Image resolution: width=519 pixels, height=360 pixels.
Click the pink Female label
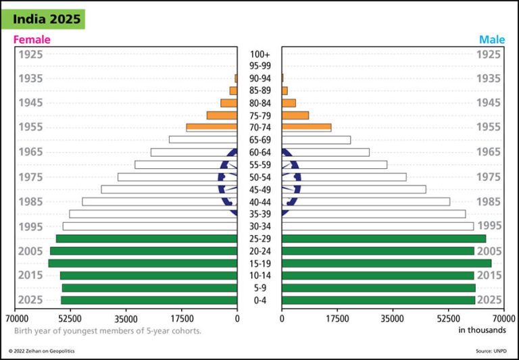pos(32,40)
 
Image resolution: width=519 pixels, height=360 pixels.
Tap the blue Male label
pos(492,40)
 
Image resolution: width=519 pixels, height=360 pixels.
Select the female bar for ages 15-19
pos(143,263)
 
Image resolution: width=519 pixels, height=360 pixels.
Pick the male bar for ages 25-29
pos(383,238)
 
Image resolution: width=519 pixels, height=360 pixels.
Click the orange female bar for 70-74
pos(212,127)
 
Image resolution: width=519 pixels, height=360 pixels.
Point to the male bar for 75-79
pos(295,115)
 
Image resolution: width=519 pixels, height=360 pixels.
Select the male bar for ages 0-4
pos(378,300)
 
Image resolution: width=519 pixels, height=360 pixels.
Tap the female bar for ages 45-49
pos(169,189)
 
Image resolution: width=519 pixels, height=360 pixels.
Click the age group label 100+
pos(259,54)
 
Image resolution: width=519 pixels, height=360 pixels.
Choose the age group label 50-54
pos(259,177)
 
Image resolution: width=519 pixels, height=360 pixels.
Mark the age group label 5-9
pos(259,288)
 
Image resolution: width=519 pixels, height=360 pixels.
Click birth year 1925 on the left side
pos(30,54)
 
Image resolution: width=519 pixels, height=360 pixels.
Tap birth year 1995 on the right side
pos(489,226)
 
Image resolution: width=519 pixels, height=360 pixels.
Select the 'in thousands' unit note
pos(482,330)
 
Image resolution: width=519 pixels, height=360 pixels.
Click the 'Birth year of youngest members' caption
pos(107,331)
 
